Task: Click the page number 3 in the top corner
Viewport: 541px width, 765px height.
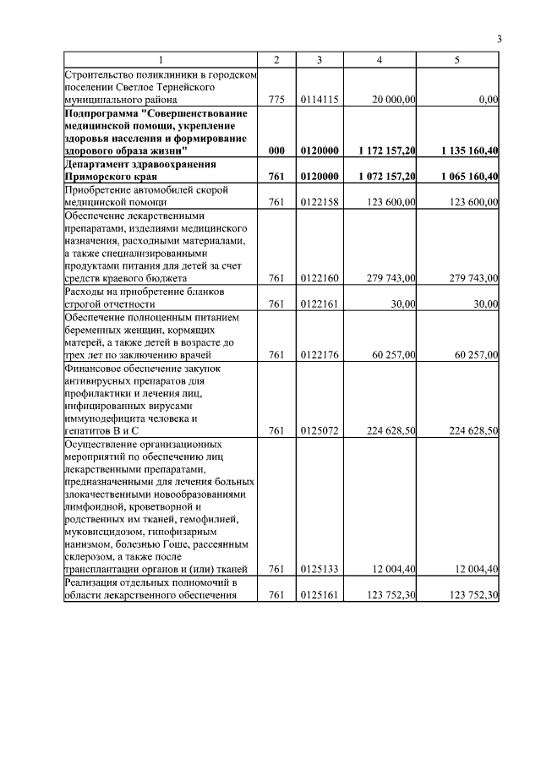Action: pyautogui.click(x=499, y=39)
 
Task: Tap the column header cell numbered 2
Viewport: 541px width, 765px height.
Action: pyautogui.click(x=276, y=60)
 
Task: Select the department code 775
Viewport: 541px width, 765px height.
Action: pyautogui.click(x=276, y=99)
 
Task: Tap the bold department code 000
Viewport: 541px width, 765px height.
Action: pyautogui.click(x=276, y=150)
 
